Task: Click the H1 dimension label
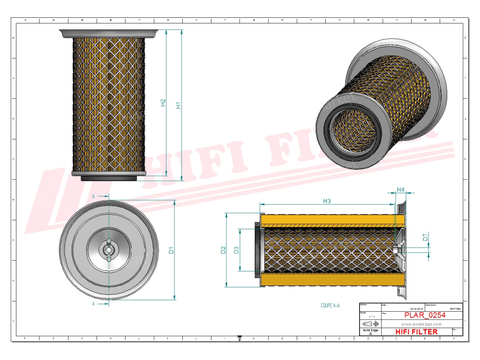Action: (x=178, y=105)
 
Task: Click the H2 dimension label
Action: (x=163, y=103)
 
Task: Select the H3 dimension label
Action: (x=327, y=201)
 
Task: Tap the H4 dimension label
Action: (x=400, y=189)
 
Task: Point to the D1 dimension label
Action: (x=172, y=250)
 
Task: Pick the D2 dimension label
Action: (x=224, y=250)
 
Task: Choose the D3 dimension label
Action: (x=237, y=250)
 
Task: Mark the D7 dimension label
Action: (x=425, y=238)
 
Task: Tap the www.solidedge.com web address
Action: (x=422, y=324)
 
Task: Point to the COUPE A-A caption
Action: (x=330, y=306)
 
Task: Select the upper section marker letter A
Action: (x=94, y=196)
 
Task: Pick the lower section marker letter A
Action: (x=94, y=304)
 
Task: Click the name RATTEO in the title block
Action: (x=455, y=309)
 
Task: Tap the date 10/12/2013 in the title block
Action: (x=417, y=309)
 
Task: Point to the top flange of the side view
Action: (x=109, y=34)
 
